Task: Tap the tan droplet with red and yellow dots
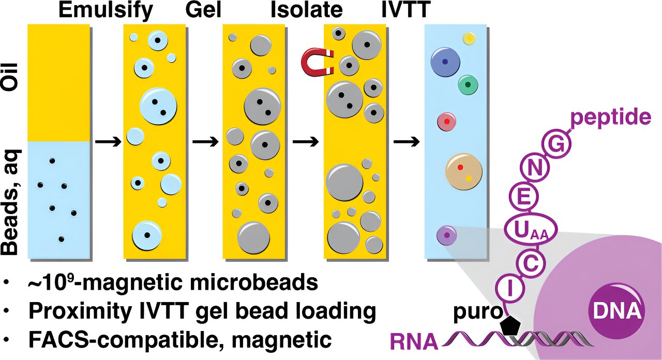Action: pos(464,171)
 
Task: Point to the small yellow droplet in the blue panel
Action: pos(469,38)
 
